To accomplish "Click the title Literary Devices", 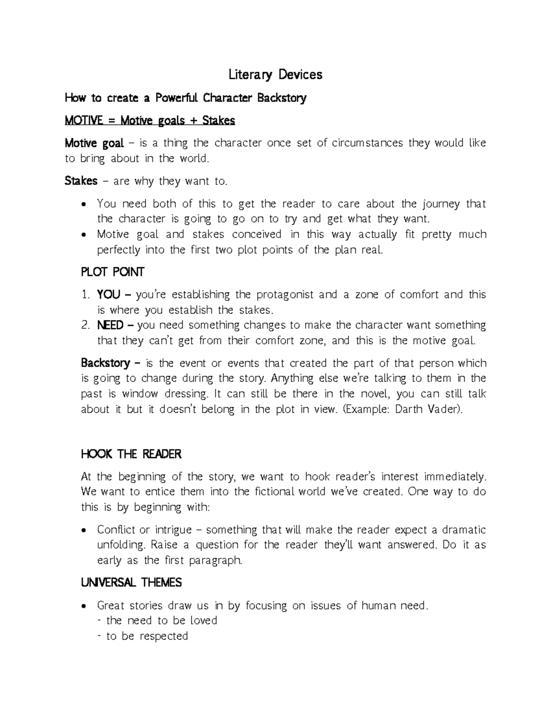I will [x=275, y=75].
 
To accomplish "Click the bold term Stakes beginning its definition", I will [x=81, y=181].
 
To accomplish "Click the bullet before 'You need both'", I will [x=83, y=204].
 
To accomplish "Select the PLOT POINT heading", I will [x=112, y=272].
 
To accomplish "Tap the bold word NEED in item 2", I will [x=110, y=326].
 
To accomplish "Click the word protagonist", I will [x=285, y=295].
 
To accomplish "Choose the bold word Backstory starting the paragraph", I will [x=105, y=364].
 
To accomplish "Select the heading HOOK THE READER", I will [x=131, y=455].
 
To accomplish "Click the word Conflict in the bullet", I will [x=117, y=530].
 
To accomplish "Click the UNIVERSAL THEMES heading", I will [x=131, y=583].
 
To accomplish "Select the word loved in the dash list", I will [x=203, y=621].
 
